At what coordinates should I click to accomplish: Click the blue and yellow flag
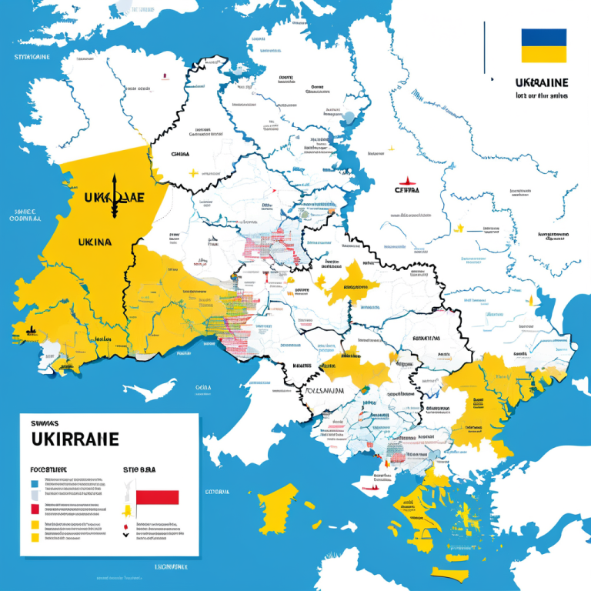click(x=543, y=45)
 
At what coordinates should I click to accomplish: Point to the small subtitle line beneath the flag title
click(x=542, y=96)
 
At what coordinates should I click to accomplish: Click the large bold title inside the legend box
click(x=75, y=439)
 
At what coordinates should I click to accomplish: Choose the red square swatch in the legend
click(x=34, y=509)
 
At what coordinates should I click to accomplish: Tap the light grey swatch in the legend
click(x=34, y=497)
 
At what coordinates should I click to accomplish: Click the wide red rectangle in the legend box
click(x=157, y=497)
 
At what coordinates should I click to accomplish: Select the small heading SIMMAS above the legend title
click(x=47, y=422)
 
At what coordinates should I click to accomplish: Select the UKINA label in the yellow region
click(x=95, y=242)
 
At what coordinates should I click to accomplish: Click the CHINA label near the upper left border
click(x=179, y=154)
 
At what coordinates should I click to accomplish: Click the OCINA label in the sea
click(x=202, y=387)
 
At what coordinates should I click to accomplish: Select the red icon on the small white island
click(x=373, y=485)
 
